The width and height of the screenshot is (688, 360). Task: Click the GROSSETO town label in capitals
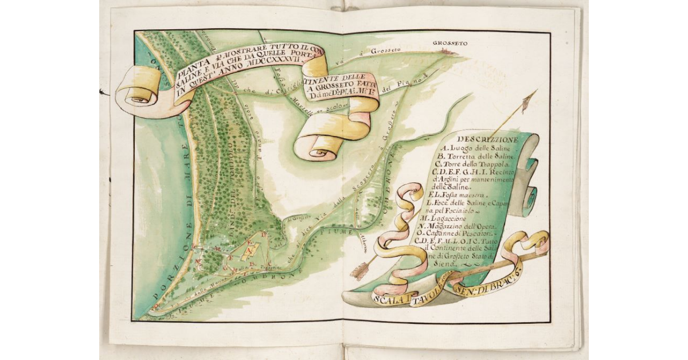click(451, 44)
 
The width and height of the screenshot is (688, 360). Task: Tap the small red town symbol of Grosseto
click(448, 52)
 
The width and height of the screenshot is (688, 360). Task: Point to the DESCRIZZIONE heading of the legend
click(488, 139)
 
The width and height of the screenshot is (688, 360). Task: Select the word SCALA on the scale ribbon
click(385, 298)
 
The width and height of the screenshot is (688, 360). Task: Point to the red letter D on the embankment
click(263, 235)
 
